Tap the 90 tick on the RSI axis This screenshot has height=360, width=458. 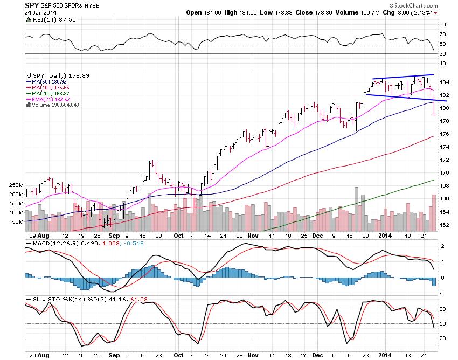(x=441, y=25)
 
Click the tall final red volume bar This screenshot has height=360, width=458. (x=434, y=210)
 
